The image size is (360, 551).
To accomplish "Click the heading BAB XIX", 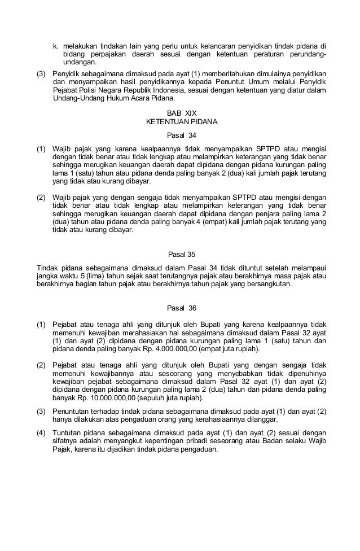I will coord(179,113).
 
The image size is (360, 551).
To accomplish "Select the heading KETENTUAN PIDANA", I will coord(179,121).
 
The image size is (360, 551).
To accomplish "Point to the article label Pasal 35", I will coord(180,254).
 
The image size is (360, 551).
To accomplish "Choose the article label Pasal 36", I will coord(180,308).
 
